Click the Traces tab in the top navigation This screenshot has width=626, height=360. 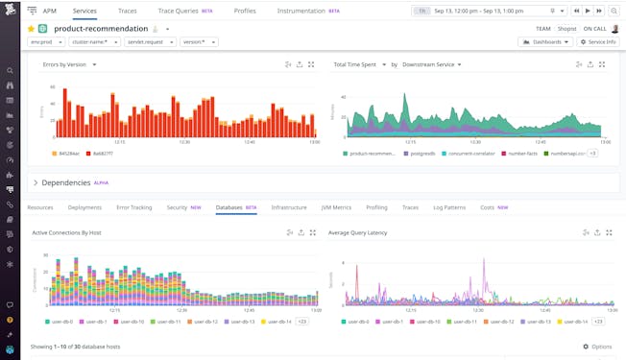click(x=127, y=11)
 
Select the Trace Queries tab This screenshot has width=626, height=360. click(x=180, y=11)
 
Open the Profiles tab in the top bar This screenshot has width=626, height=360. click(x=245, y=11)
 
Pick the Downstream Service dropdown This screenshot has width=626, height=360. click(x=431, y=64)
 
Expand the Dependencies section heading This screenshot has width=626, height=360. click(x=65, y=182)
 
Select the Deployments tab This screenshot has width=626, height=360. click(x=84, y=207)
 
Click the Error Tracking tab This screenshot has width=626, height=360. click(x=134, y=207)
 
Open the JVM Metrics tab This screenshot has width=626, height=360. click(x=335, y=207)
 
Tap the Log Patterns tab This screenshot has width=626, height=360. click(x=449, y=207)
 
